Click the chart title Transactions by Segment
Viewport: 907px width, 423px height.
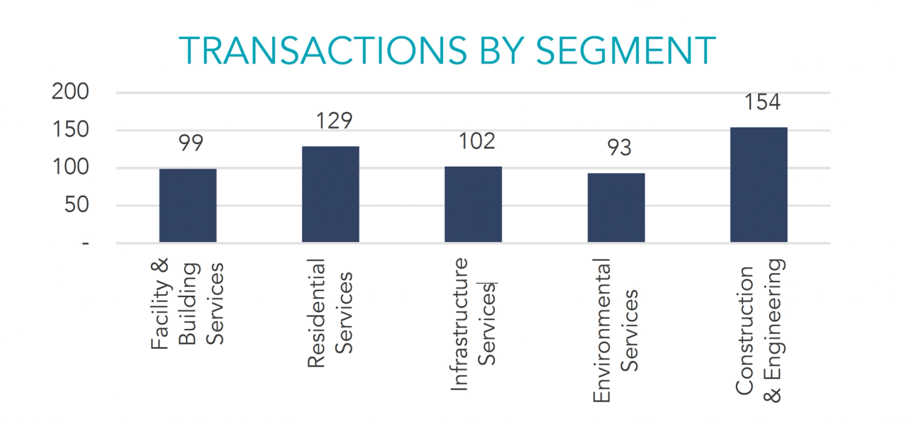(x=447, y=50)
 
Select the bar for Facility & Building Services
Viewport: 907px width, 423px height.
(x=188, y=206)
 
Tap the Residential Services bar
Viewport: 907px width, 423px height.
(x=330, y=195)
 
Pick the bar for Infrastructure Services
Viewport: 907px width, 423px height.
(x=473, y=204)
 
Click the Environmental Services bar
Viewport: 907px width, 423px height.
(x=615, y=208)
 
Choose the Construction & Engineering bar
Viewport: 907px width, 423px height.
(x=759, y=185)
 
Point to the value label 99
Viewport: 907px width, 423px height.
(x=191, y=143)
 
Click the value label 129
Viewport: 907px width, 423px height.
(x=334, y=121)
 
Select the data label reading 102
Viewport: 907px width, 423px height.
(x=476, y=141)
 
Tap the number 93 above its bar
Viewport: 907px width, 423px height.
(x=619, y=148)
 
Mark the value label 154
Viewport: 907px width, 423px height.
(x=762, y=103)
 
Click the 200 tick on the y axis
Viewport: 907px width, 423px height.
(x=70, y=93)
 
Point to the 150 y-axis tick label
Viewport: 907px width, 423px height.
(x=70, y=130)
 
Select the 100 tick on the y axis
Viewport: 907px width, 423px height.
(x=70, y=168)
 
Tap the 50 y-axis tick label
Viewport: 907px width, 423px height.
(x=76, y=206)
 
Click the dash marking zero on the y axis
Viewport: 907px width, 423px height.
(x=86, y=244)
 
